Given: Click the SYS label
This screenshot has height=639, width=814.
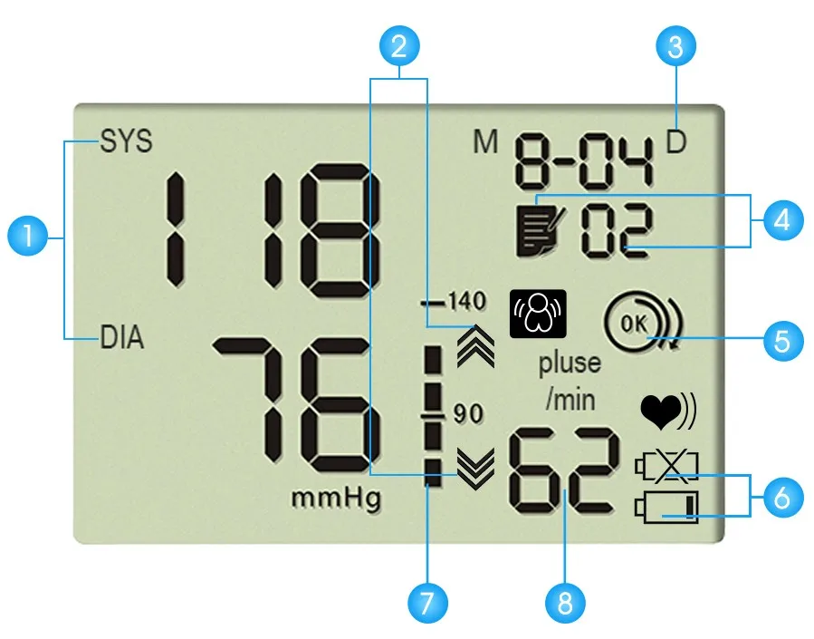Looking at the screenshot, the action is tap(126, 142).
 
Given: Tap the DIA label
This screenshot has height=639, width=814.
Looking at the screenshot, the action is tap(122, 340).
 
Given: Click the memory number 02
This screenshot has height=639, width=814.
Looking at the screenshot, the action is tap(616, 231).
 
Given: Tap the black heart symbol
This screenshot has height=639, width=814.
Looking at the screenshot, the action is tap(659, 412).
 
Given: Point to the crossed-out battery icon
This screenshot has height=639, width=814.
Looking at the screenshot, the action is tap(668, 468).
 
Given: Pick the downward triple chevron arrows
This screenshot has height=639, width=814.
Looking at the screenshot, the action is tap(476, 468).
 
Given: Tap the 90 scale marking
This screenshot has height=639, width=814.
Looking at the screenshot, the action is tap(468, 414).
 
